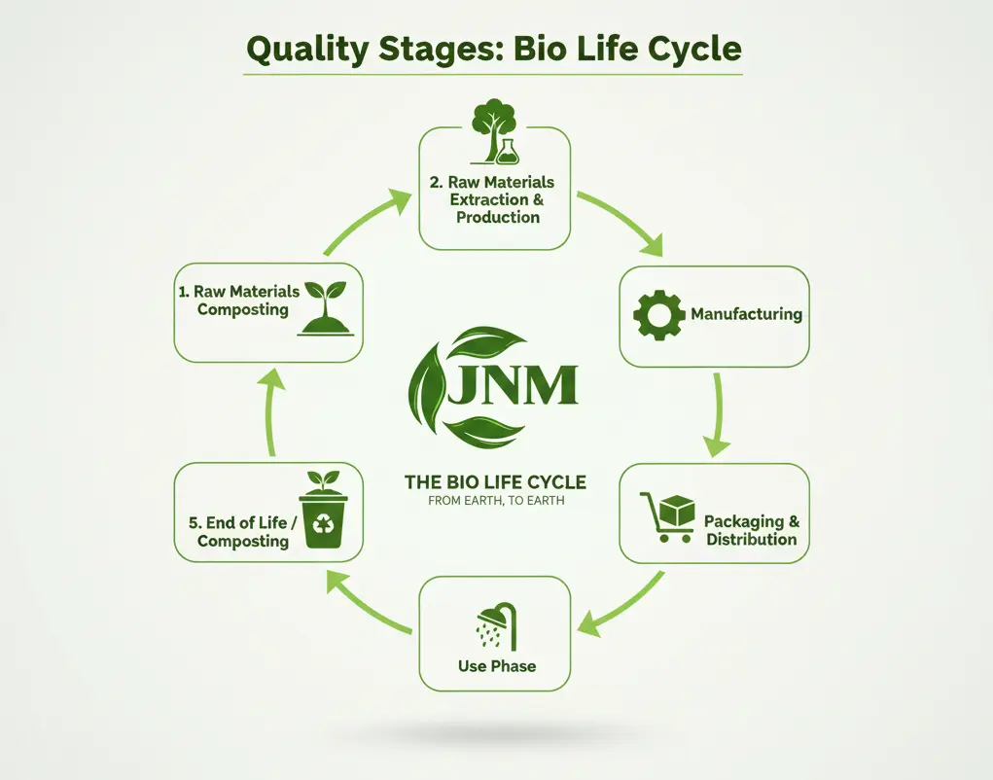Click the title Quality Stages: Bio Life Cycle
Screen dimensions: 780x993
coord(494,48)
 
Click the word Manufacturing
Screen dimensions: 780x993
coord(746,314)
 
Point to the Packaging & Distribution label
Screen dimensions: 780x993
coord(752,530)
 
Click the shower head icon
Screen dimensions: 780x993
coord(496,627)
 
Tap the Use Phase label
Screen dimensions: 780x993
coord(496,667)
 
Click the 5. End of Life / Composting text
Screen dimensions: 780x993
coord(242,531)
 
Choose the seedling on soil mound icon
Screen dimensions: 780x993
coord(326,309)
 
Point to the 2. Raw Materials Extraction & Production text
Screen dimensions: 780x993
coord(495,199)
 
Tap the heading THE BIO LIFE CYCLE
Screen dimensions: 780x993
coord(495,482)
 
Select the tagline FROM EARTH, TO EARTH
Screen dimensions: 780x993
coord(495,502)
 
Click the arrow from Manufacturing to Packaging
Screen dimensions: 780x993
coord(718,413)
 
